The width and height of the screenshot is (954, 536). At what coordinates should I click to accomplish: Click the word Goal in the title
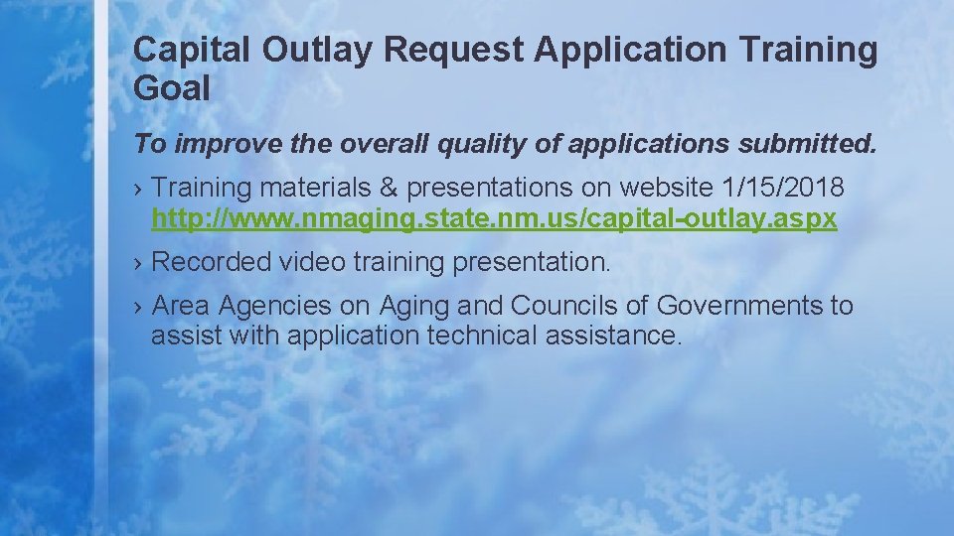coord(172,89)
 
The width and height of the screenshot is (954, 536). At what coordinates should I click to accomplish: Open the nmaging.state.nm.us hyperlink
coord(494,217)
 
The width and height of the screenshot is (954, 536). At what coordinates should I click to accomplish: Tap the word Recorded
coord(211,262)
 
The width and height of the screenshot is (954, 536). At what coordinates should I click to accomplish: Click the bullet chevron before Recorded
coord(139,263)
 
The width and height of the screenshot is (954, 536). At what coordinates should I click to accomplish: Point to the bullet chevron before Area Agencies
coord(139,307)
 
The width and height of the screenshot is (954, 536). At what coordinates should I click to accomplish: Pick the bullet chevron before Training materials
coord(139,188)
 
